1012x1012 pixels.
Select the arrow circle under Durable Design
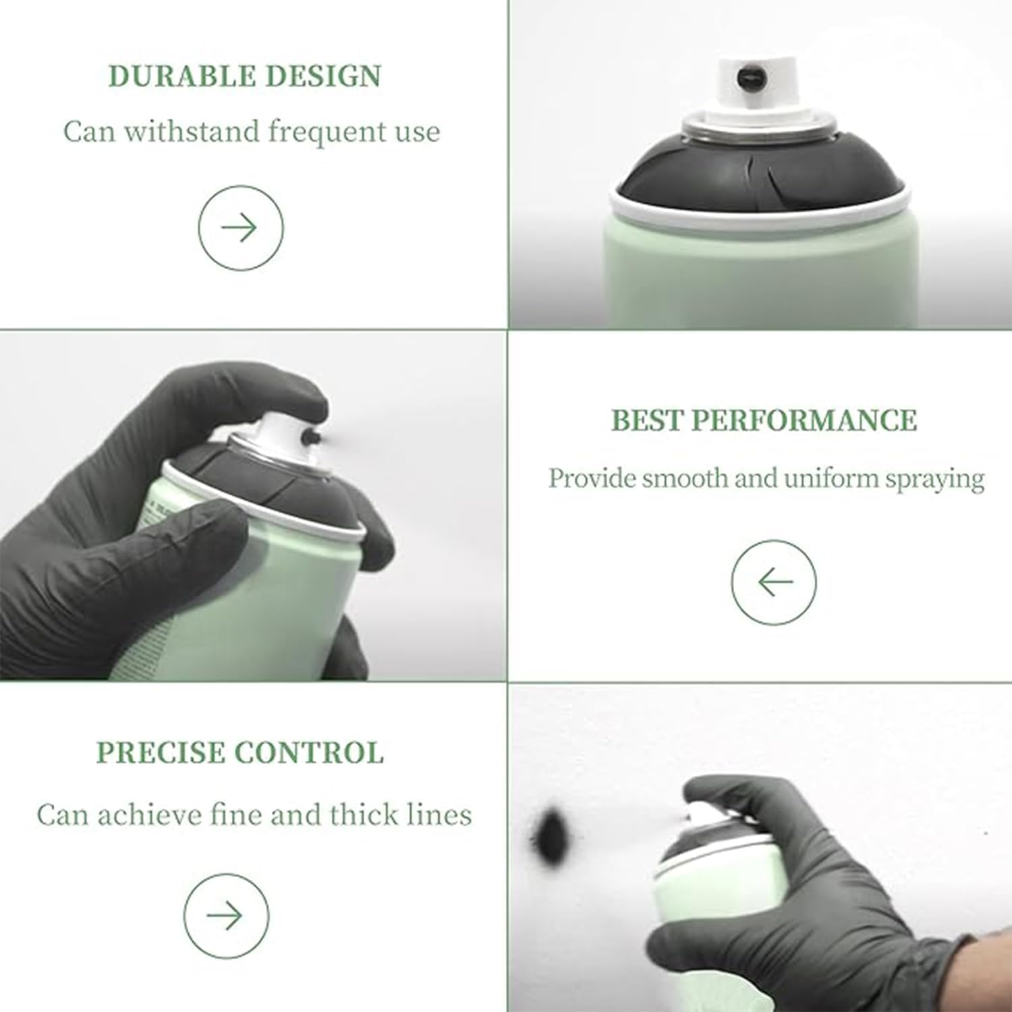coord(241,228)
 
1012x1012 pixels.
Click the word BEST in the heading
coord(646,420)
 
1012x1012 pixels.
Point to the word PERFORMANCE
coord(804,420)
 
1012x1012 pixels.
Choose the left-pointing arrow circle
coord(774,582)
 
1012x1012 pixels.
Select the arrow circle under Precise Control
coord(227,916)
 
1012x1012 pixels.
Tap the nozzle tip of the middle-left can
coord(312,437)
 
